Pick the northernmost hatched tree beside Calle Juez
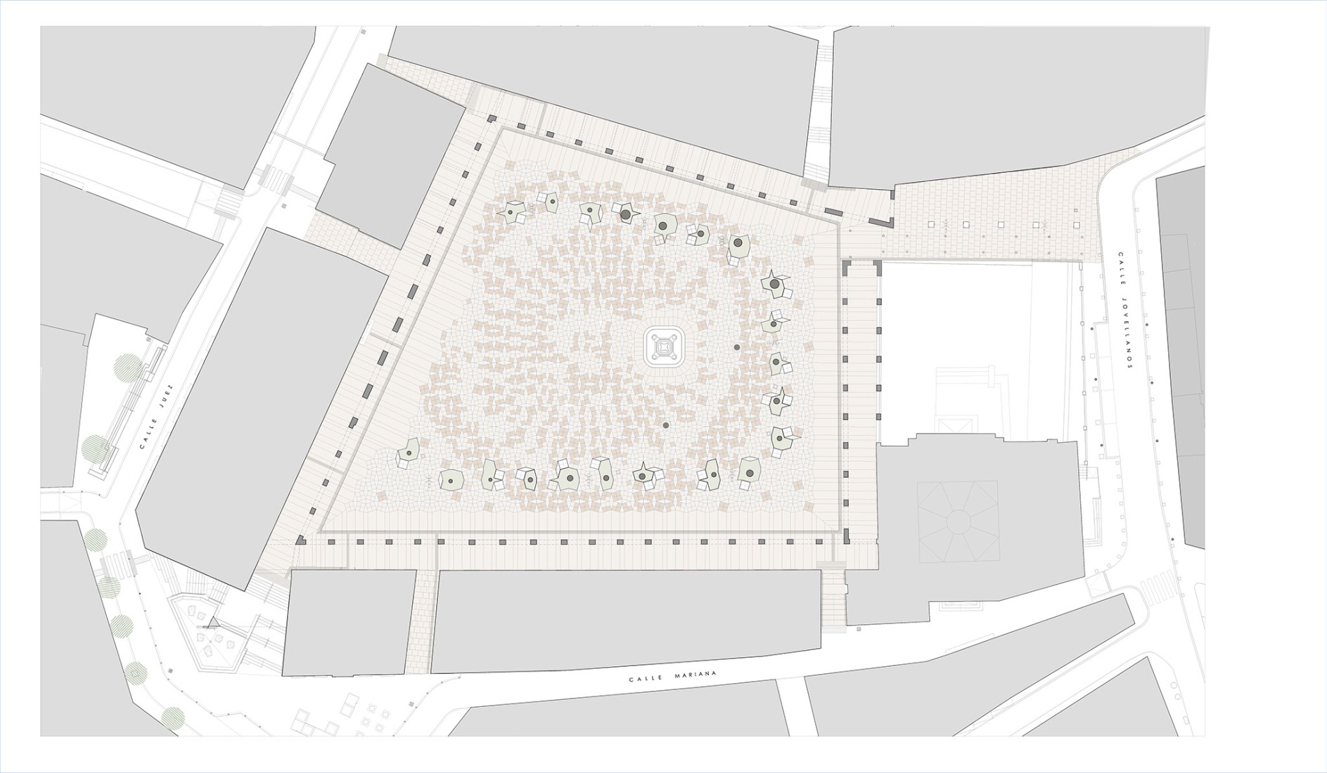128,368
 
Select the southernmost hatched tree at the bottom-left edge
172,717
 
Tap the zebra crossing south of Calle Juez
118,563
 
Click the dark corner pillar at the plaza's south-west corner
300,540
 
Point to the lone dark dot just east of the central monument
737,347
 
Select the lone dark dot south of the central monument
665,425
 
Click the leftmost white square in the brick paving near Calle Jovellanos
932,225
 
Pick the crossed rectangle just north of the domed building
957,424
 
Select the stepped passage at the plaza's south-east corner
833,601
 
